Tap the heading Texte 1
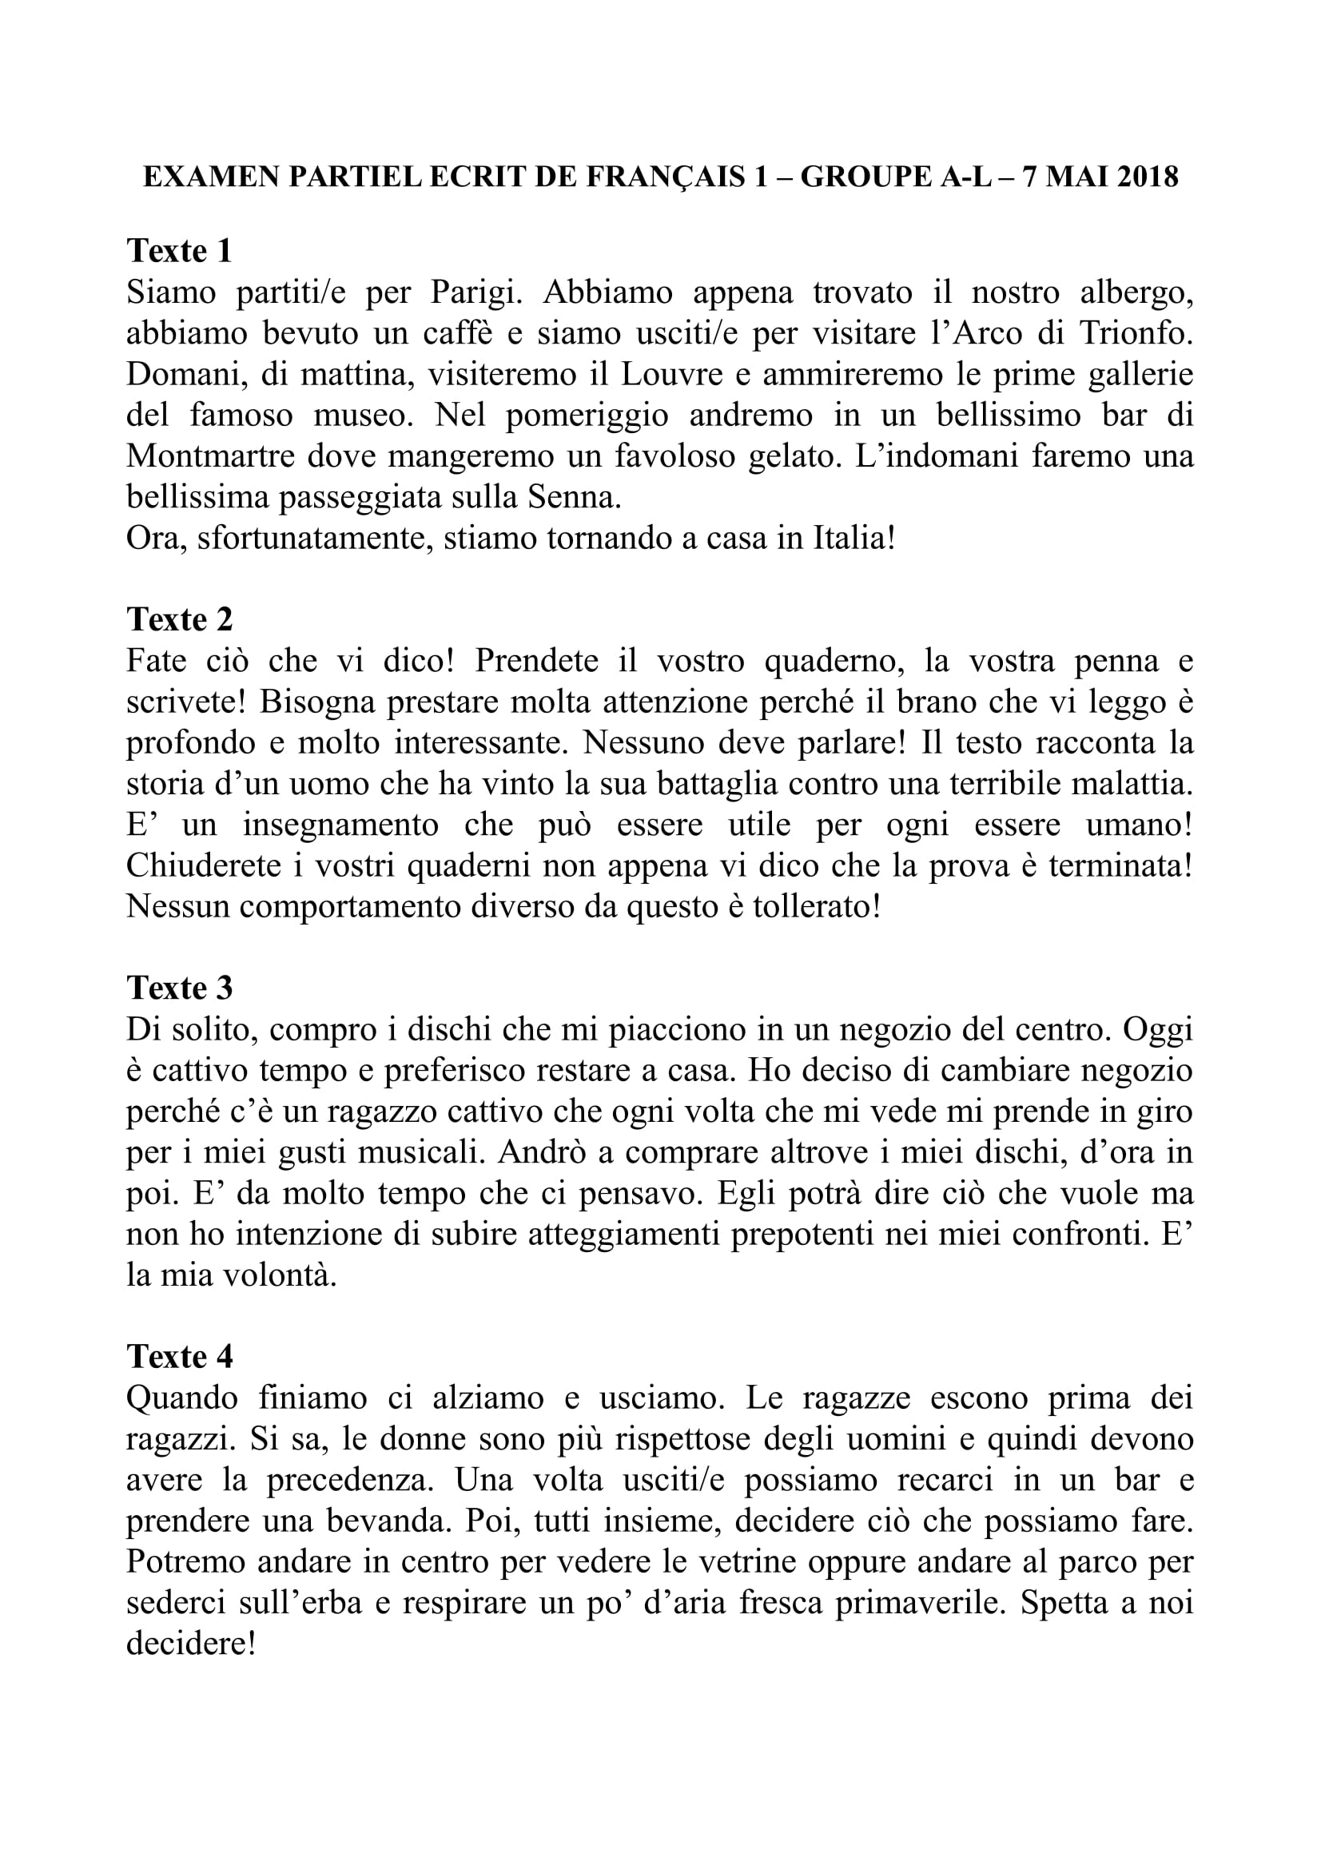tap(179, 250)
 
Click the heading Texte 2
tap(179, 619)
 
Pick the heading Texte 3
tap(179, 988)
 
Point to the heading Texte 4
tap(179, 1357)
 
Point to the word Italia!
tap(853, 538)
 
